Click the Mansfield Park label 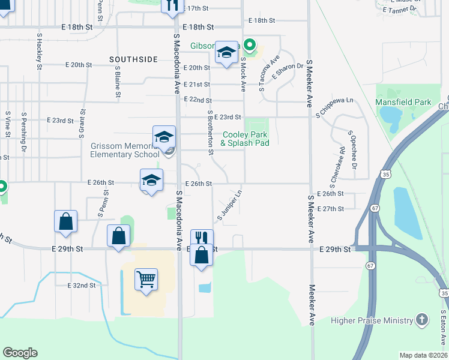pyautogui.click(x=403, y=102)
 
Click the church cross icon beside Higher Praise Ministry pyautogui.click(x=422, y=320)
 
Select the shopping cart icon pyautogui.click(x=146, y=279)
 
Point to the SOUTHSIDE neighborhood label pyautogui.click(x=133, y=59)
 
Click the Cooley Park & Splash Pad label pyautogui.click(x=244, y=139)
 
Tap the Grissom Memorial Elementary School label pyautogui.click(x=125, y=150)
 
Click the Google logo pyautogui.click(x=20, y=353)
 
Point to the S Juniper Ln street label pyautogui.click(x=229, y=205)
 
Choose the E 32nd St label pyautogui.click(x=82, y=286)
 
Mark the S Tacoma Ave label pyautogui.click(x=268, y=74)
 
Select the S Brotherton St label pyautogui.click(x=210, y=132)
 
